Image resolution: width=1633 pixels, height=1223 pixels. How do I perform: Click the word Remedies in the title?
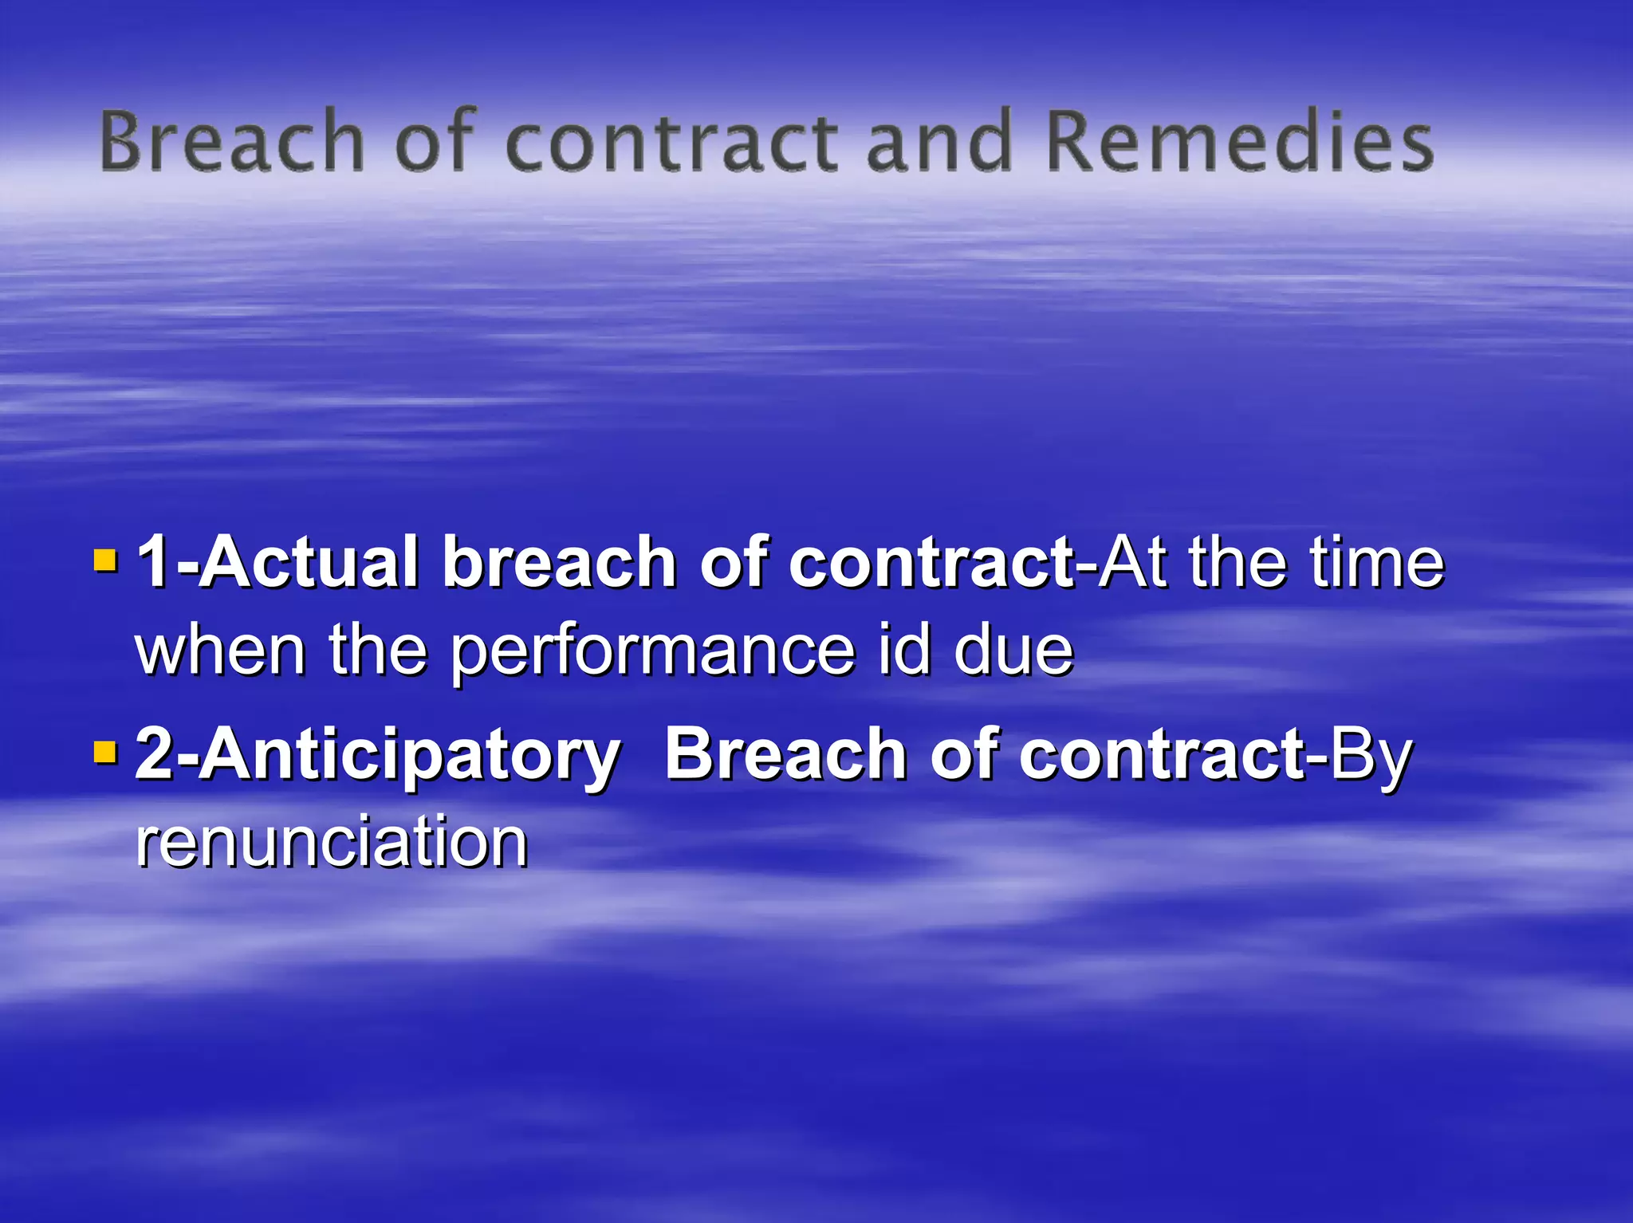point(1238,142)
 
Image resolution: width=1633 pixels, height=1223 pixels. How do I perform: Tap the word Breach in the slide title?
point(232,142)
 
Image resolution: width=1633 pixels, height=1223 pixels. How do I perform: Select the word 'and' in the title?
point(938,142)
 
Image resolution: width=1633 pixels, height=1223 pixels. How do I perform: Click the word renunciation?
point(332,841)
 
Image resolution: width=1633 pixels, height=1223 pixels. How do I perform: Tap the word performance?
point(652,651)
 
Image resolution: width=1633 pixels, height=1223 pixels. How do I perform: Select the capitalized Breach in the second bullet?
point(785,753)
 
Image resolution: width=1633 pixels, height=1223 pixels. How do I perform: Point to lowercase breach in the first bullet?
point(559,562)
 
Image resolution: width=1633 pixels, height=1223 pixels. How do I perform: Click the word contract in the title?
point(671,142)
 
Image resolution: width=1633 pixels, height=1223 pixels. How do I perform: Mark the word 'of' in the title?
point(435,142)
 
